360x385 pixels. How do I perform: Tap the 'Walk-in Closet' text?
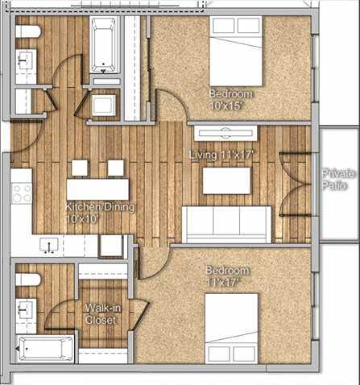pyautogui.click(x=101, y=314)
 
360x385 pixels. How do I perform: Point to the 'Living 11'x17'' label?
pyautogui.click(x=221, y=153)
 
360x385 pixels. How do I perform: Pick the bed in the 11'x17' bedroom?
pyautogui.click(x=231, y=328)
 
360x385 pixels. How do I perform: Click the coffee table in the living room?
pyautogui.click(x=226, y=180)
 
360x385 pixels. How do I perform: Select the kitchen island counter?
pyautogui.click(x=97, y=188)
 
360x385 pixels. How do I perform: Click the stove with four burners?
pyautogui.click(x=21, y=195)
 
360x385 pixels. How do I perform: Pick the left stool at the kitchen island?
pyautogui.click(x=79, y=168)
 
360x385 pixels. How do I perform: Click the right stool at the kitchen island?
pyautogui.click(x=116, y=168)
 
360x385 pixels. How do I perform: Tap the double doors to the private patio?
pyautogui.click(x=293, y=184)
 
